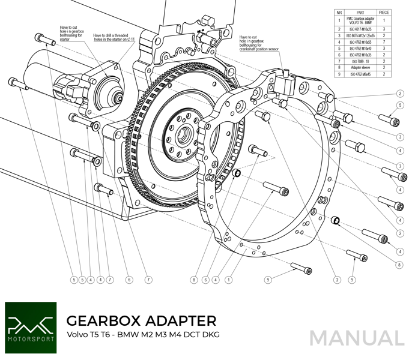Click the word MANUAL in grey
point(357,338)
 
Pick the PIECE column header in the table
point(384,12)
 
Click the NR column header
point(339,12)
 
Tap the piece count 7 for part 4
point(384,41)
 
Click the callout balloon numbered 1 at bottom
point(228,280)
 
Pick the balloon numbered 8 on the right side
point(399,264)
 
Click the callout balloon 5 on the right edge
point(399,106)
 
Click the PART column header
point(360,12)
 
